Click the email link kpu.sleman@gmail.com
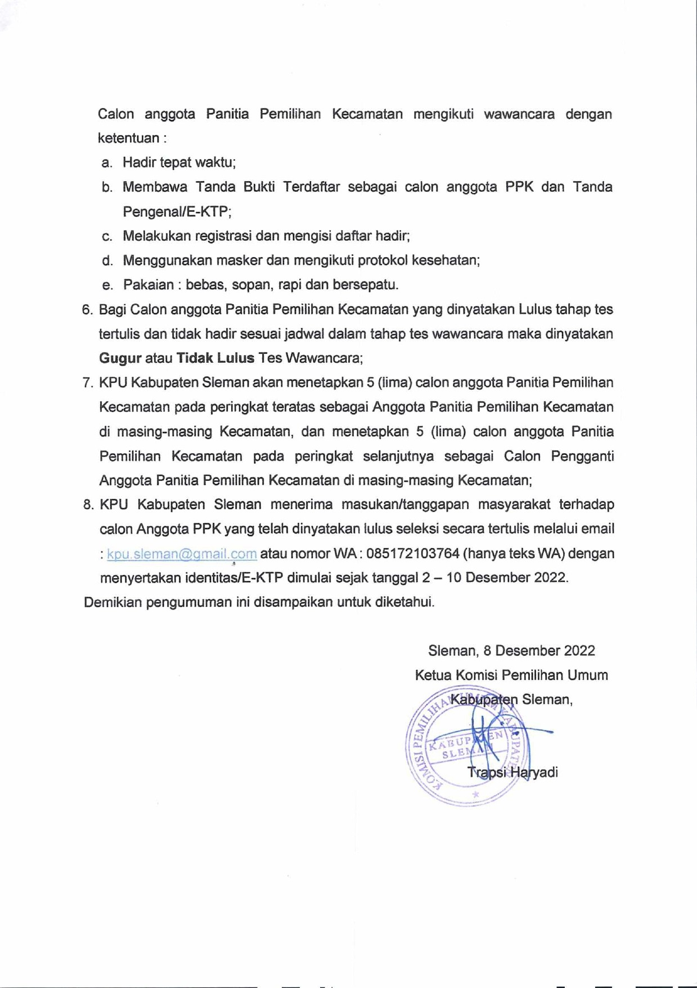[x=182, y=554]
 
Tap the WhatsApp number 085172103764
[x=413, y=554]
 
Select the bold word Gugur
[x=120, y=358]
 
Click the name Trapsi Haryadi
[x=512, y=772]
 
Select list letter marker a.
[x=106, y=163]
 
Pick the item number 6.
[x=87, y=310]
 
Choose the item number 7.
[x=88, y=383]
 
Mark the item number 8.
[x=88, y=504]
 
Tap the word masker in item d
[x=239, y=260]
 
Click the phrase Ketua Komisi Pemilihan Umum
[x=511, y=675]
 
